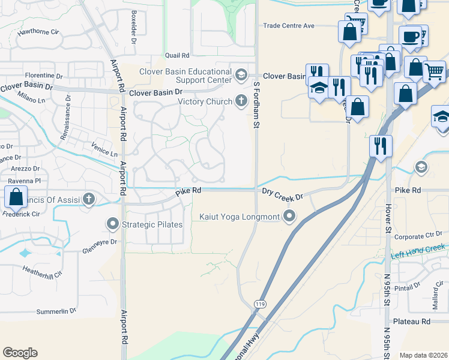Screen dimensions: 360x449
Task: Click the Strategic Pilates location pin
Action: [113, 225]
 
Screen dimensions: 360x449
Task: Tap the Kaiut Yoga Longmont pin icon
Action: [290, 216]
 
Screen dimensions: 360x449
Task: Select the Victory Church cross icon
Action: [241, 101]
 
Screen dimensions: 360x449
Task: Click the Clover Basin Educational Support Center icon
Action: [241, 74]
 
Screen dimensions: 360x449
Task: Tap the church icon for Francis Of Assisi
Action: [89, 199]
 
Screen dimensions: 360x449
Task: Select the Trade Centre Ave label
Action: [289, 26]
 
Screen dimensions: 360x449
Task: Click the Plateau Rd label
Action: [417, 322]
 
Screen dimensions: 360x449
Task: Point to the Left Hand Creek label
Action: [418, 250]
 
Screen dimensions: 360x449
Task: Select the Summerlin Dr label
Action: [56, 311]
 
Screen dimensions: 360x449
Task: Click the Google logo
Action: [20, 353]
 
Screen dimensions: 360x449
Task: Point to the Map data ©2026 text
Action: [423, 355]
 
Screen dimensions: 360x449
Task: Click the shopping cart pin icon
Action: [434, 71]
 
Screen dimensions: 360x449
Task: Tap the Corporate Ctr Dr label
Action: [419, 236]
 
